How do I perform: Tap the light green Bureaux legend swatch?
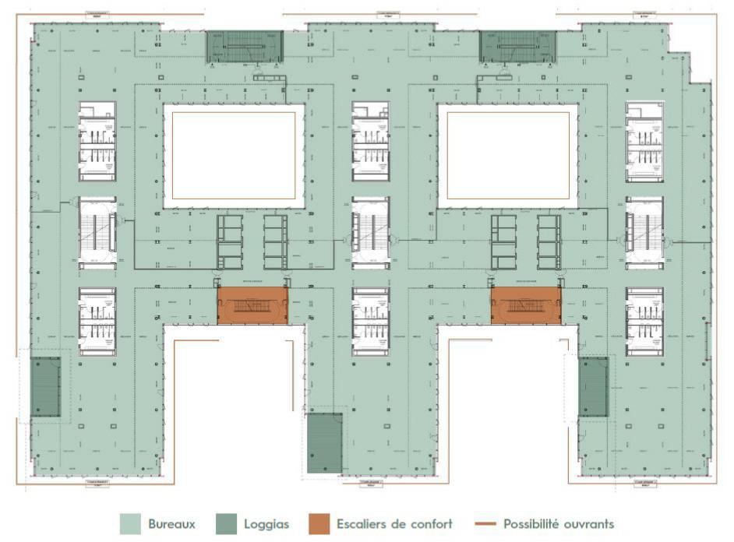pos(130,524)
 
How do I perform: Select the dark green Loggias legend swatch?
pos(226,524)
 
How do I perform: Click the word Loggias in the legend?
pos(265,524)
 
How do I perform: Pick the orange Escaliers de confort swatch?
pos(319,524)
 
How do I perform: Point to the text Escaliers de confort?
pos(394,524)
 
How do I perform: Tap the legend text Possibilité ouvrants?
pos(559,524)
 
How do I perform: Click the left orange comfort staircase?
pos(252,305)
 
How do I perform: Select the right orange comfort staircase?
pos(526,305)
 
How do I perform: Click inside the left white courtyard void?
pos(234,155)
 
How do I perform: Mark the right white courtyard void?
pos(507,155)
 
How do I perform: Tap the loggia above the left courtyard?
pos(245,47)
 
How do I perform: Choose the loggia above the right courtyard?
pos(517,47)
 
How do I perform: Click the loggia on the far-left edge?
pos(45,386)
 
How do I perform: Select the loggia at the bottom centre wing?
pos(324,442)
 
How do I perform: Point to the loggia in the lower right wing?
pos(593,387)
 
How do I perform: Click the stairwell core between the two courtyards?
pos(370,232)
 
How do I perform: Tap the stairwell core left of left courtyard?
pos(97,232)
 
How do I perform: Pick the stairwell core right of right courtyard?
pos(644,232)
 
